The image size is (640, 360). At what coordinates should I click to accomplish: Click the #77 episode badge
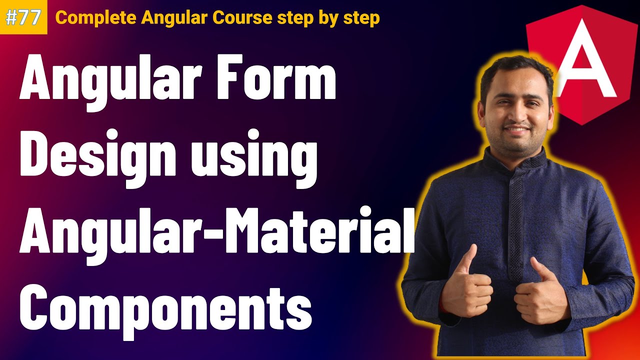23,17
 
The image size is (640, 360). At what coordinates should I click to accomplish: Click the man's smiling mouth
517,131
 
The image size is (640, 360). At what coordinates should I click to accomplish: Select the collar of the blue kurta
515,160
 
